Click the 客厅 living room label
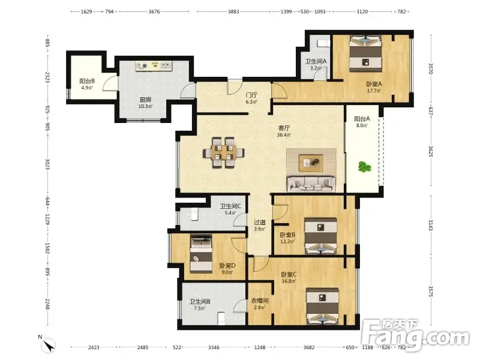coord(284,128)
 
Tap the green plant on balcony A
coord(364,167)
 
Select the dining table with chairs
coord(224,152)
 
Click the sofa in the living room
coord(311,183)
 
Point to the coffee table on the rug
coord(311,161)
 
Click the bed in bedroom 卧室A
coord(365,53)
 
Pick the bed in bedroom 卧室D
coord(201,253)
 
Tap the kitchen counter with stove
coord(154,66)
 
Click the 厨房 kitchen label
coord(145,100)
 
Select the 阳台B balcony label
coord(87,81)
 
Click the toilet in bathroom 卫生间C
coord(194,214)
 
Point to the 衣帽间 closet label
coord(260,301)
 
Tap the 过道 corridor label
coord(260,222)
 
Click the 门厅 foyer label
coord(251,95)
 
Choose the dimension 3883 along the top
coord(233,11)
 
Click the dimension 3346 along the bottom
coord(214,347)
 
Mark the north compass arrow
coord(49,346)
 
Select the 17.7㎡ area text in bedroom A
coord(374,91)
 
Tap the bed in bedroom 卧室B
coord(321,236)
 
